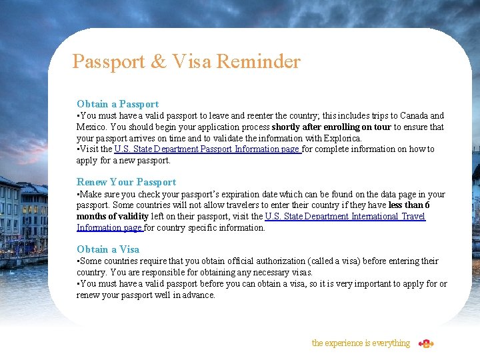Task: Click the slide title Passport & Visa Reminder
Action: [x=186, y=62]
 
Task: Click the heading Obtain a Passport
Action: [x=117, y=104]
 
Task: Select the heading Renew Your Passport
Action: [x=126, y=182]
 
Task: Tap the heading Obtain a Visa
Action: [x=108, y=249]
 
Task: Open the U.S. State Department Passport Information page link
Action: [x=207, y=149]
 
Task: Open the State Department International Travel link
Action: [x=345, y=216]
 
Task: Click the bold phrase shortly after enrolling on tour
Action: [x=331, y=127]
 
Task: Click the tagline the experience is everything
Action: [x=361, y=343]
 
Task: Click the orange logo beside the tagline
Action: [x=426, y=343]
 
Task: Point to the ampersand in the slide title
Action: [x=159, y=62]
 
